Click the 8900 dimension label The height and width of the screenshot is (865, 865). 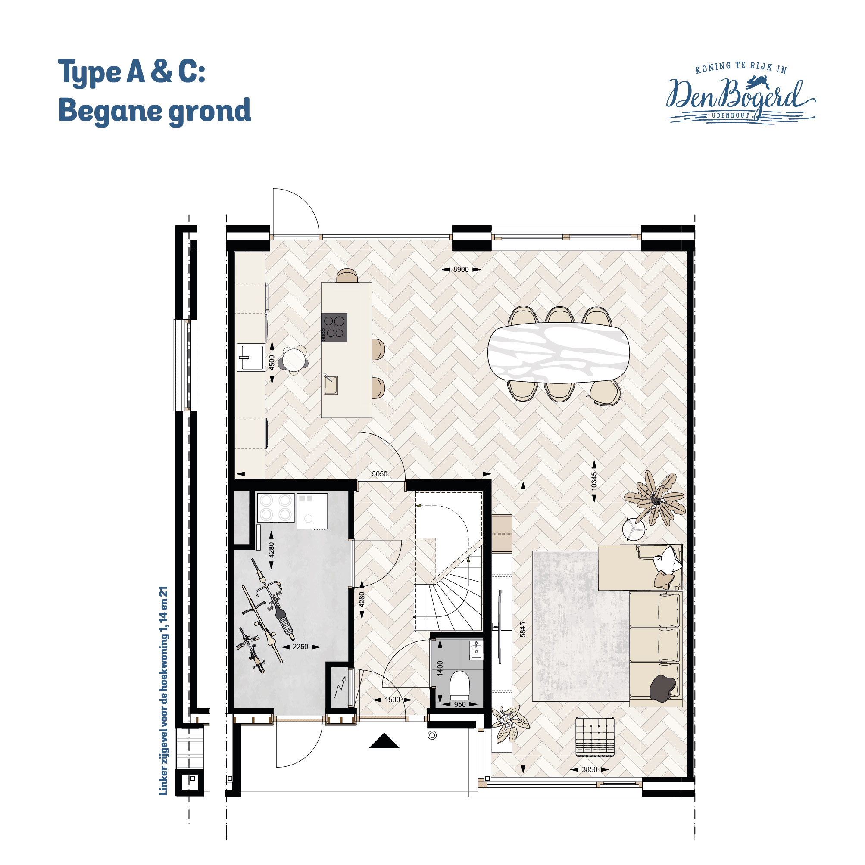460,270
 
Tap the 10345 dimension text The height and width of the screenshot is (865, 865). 594,481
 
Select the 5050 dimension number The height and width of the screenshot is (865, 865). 379,474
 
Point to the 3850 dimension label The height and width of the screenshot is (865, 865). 590,769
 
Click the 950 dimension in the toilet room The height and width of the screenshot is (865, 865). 459,704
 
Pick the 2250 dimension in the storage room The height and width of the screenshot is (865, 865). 300,647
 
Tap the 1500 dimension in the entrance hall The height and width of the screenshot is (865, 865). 392,700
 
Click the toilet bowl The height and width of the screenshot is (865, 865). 459,684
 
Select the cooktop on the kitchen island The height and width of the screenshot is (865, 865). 334,327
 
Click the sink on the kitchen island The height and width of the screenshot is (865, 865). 331,386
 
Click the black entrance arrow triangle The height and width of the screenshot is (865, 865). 384,741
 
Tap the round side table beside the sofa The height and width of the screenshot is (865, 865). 634,529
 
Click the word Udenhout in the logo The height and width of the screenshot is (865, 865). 731,115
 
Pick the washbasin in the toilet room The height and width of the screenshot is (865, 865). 476,650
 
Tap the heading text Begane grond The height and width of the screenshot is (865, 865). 155,110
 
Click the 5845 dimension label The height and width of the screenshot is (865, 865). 522,629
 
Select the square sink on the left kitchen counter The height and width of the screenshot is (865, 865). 251,357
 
